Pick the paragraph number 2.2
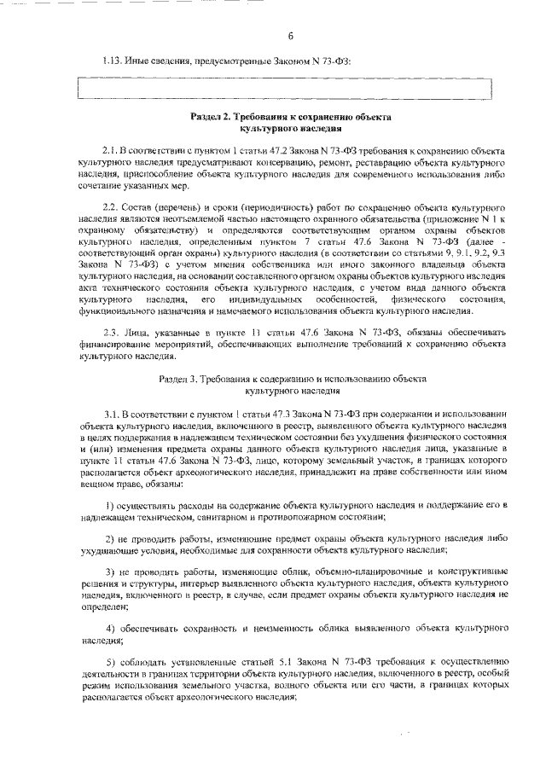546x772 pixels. coord(110,207)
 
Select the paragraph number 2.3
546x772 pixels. coord(110,331)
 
